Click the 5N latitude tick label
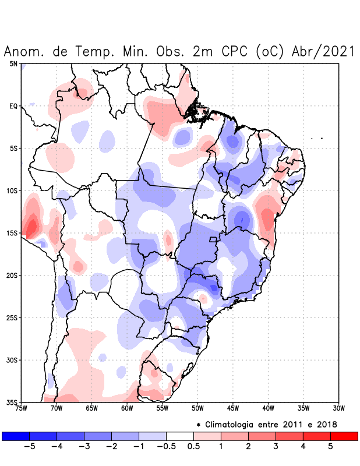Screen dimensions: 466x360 (13, 63)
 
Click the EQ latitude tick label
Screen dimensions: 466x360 (13, 106)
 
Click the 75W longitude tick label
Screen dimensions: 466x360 (22, 408)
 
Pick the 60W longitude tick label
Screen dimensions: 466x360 (127, 408)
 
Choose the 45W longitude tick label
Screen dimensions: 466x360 (232, 408)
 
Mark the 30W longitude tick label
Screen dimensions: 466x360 (338, 408)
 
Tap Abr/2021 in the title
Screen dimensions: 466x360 (323, 52)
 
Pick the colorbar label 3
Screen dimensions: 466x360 (276, 447)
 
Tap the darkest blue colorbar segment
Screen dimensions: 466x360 (15, 436)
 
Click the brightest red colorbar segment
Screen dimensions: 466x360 (344, 436)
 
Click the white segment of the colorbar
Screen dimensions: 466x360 (179, 436)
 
